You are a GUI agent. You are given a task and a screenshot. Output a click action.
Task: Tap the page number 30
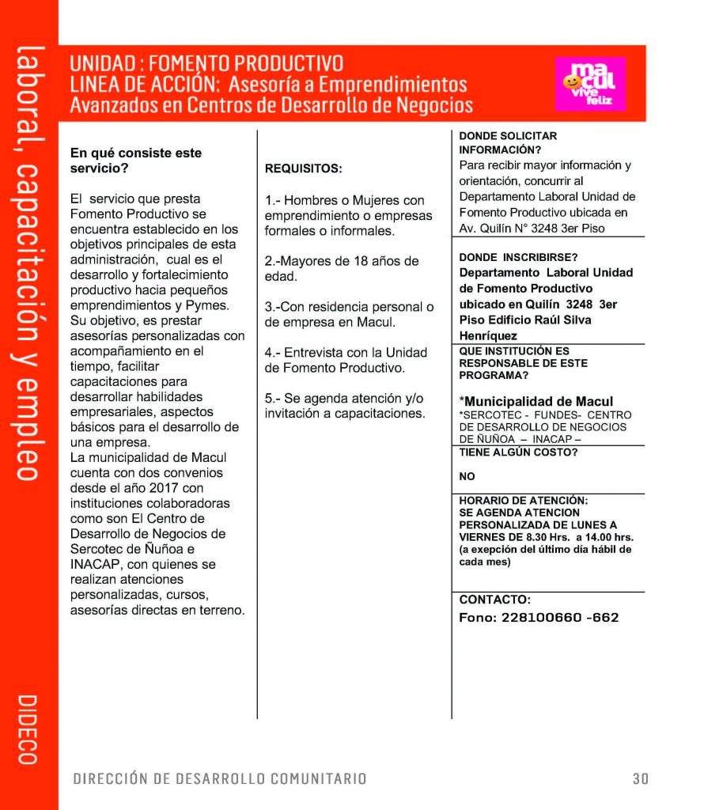641,778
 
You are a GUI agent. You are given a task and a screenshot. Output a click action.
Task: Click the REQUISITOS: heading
304,168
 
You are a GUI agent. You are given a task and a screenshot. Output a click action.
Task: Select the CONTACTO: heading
495,600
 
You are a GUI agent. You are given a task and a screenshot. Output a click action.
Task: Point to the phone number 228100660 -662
539,618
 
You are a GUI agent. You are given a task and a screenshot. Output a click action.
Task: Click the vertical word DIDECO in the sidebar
27,729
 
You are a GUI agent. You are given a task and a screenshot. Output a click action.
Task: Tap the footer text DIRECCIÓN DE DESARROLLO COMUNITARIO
220,778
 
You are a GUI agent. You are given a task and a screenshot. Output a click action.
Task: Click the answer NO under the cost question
467,477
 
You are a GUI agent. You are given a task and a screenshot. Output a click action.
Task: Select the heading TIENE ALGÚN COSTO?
518,452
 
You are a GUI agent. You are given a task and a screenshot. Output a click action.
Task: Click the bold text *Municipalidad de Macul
536,401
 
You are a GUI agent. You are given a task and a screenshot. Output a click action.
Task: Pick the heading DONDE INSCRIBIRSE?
518,257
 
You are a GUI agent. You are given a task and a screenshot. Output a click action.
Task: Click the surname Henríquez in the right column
488,336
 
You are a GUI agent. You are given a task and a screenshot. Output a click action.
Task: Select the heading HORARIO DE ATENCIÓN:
524,501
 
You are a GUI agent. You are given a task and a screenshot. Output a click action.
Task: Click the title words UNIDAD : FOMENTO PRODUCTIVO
206,64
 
